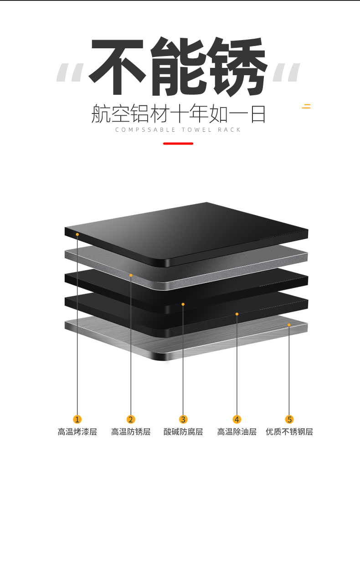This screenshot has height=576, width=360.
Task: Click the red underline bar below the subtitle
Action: pyautogui.click(x=178, y=144)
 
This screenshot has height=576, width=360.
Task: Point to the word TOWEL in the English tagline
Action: pyautogui.click(x=197, y=130)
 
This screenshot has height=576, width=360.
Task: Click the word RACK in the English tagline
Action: pyautogui.click(x=229, y=130)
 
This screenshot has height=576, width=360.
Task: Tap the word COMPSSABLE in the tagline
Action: pyautogui.click(x=145, y=130)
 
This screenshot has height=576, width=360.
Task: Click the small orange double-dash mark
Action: pyautogui.click(x=306, y=106)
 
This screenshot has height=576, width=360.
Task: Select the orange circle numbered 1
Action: pyautogui.click(x=77, y=419)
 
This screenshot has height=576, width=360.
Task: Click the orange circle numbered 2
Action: pyautogui.click(x=131, y=419)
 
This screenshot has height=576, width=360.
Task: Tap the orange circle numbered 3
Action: pyautogui.click(x=183, y=419)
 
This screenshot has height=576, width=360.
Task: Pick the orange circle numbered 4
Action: pyautogui.click(x=237, y=419)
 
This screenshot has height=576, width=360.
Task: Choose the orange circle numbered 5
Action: pyautogui.click(x=289, y=419)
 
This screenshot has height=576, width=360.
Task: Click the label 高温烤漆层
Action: pyautogui.click(x=77, y=432)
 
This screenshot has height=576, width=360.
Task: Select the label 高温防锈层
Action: pyautogui.click(x=131, y=432)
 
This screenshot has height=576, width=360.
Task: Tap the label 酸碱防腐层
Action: pyautogui.click(x=183, y=432)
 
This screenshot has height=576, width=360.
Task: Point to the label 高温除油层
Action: pyautogui.click(x=237, y=432)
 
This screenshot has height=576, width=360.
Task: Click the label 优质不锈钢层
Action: pyautogui.click(x=289, y=432)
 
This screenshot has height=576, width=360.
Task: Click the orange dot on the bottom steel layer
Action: pyautogui.click(x=289, y=325)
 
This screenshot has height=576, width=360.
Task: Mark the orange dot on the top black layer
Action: pyautogui.click(x=77, y=234)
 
